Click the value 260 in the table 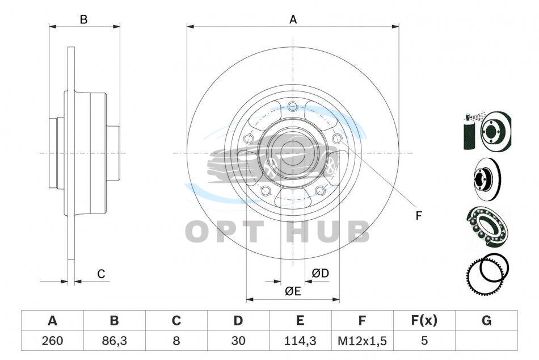[x=52, y=341]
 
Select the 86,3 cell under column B [x=114, y=341]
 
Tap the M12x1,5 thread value [x=362, y=341]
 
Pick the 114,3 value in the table [x=300, y=341]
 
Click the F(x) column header [x=424, y=321]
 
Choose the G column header [x=486, y=321]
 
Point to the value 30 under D [x=238, y=341]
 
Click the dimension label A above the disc [x=293, y=20]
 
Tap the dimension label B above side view [x=83, y=20]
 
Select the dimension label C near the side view [x=101, y=274]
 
